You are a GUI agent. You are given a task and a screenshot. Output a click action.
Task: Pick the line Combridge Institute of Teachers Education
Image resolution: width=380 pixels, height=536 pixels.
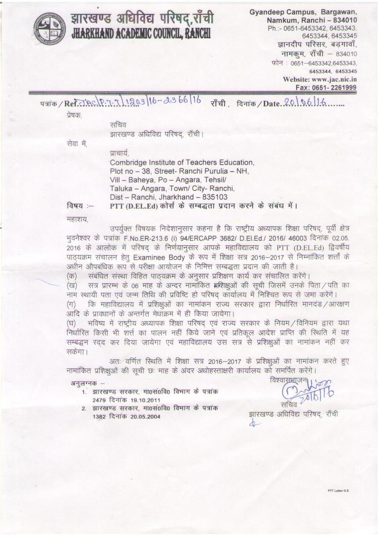click(x=182, y=163)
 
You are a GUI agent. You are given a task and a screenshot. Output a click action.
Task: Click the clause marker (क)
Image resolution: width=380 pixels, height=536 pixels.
click(x=71, y=275)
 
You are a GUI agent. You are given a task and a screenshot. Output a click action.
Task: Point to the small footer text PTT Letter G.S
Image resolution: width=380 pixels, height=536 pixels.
click(x=338, y=490)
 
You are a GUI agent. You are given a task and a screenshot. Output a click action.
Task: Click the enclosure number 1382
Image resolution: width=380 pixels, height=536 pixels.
click(x=100, y=416)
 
